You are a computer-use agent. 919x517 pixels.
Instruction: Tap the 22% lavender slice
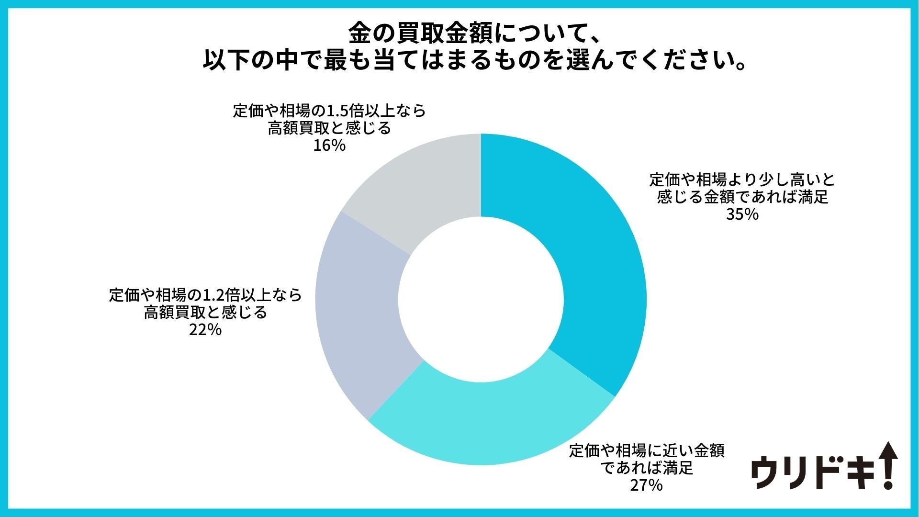[x=364, y=316]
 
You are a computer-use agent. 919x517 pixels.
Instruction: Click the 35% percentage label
[x=742, y=214]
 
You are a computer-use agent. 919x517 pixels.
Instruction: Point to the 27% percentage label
[x=646, y=485]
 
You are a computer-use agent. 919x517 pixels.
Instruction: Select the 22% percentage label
[x=205, y=330]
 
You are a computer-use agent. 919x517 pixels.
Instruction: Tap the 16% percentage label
[x=329, y=146]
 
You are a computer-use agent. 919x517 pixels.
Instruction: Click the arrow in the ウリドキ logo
[x=889, y=464]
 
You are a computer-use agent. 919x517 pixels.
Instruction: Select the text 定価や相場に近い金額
[x=646, y=451]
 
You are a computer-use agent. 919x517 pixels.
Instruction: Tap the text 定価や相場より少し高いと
[x=742, y=180]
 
